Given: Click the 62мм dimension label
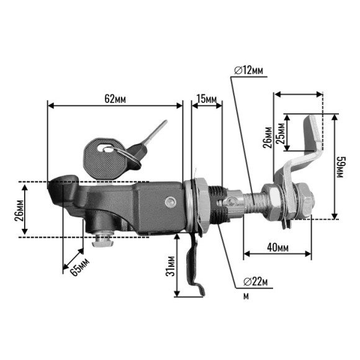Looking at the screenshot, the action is click(115, 99).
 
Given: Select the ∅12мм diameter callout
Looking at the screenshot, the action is click(249, 70).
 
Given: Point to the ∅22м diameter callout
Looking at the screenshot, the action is click(256, 281).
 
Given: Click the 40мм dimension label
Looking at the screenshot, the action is click(278, 248).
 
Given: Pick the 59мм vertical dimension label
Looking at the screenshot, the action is click(341, 167).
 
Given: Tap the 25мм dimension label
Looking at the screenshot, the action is click(280, 133).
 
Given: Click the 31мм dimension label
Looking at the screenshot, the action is click(170, 266).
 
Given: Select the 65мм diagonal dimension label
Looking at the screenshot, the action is click(79, 267).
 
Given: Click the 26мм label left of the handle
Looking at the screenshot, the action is click(19, 210).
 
